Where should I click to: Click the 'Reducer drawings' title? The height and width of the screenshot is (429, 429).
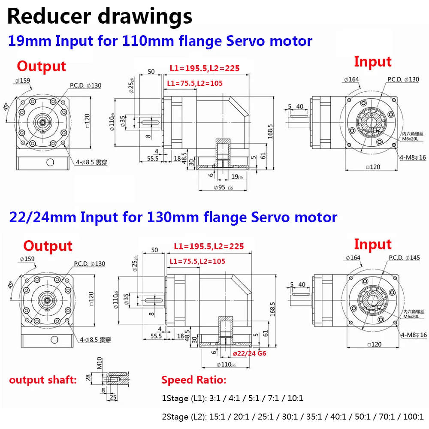pos(100,17)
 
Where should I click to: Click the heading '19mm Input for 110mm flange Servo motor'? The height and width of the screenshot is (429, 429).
pos(160,41)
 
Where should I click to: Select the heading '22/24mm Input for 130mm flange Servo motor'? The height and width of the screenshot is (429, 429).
pos(172,217)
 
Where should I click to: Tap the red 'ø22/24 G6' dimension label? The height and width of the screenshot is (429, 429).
pos(250,353)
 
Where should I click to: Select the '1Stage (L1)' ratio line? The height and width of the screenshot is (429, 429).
pos(232,398)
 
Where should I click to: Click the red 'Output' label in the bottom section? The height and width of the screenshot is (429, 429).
pos(48,246)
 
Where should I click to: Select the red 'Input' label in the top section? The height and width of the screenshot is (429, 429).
pos(372,62)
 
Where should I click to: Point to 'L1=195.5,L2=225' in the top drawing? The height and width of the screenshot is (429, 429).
pos(204,68)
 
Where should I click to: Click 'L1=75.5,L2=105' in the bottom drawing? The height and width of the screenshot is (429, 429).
pos(197,261)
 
